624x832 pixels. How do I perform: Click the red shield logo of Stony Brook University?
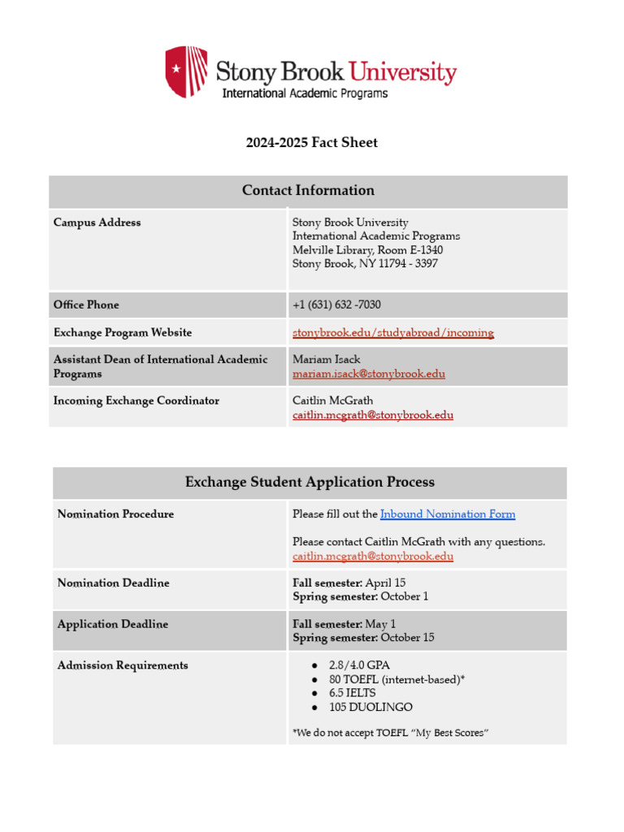[x=186, y=71]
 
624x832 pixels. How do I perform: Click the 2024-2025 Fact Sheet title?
[x=312, y=143]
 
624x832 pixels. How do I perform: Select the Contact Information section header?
[x=308, y=191]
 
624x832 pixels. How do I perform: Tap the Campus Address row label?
[x=97, y=223]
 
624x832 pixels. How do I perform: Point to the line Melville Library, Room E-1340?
[x=367, y=250]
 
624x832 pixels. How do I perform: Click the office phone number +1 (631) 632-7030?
[x=336, y=305]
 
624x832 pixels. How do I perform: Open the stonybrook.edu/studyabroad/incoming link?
[x=392, y=333]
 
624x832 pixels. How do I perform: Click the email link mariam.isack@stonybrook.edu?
[x=368, y=375]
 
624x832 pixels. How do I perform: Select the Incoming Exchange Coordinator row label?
[x=136, y=401]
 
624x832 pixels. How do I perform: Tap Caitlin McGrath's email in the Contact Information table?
[x=372, y=415]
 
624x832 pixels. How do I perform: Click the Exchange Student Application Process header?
[x=310, y=483]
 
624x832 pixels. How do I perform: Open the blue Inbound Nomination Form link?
[x=447, y=514]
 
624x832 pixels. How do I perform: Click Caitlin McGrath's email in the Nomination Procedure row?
[x=372, y=557]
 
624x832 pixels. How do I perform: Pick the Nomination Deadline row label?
[x=113, y=583]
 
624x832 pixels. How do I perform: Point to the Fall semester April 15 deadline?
[x=349, y=583]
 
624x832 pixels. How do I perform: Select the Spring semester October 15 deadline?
[x=363, y=638]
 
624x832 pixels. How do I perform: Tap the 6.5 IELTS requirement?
[x=352, y=694]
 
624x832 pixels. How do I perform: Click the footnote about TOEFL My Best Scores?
[x=390, y=734]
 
